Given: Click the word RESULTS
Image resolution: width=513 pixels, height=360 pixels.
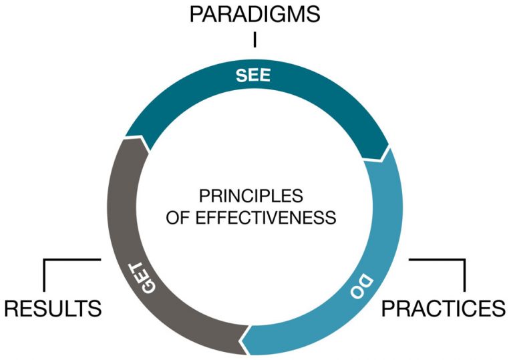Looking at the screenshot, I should [53, 309].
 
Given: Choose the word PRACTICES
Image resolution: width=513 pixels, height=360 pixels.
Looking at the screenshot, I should [443, 309].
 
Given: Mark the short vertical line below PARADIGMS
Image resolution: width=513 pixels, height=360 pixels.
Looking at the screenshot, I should [254, 40].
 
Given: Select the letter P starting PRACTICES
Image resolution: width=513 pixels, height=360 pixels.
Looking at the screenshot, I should [389, 309].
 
